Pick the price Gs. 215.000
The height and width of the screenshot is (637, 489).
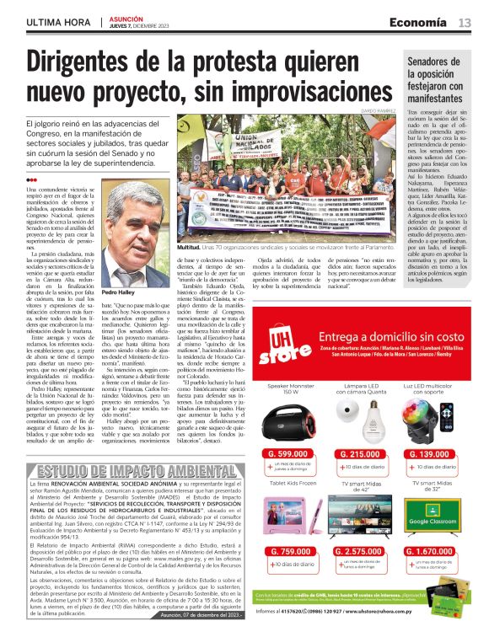tap(359, 454)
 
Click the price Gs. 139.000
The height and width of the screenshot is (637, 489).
tap(431, 454)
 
